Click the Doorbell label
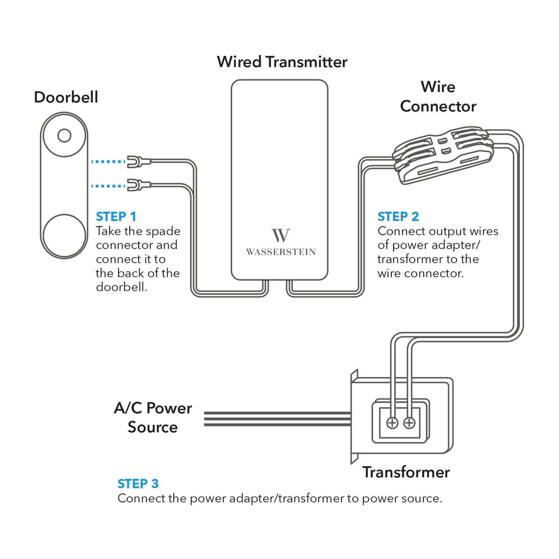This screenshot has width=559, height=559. coord(66,97)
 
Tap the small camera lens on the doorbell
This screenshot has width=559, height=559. coord(64,135)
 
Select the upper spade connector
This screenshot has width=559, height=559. coord(134,162)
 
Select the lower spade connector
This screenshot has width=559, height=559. coord(134,184)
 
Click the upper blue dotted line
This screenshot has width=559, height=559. coord(108,162)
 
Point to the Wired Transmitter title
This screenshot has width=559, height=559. coord(282,61)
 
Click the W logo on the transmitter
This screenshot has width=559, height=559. coord(280,235)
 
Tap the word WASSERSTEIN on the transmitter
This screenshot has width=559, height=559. coord(281,252)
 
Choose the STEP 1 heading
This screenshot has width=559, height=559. coord(116,216)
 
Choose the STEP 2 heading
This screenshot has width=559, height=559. coord(398,216)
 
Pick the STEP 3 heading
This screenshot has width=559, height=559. coord(138,484)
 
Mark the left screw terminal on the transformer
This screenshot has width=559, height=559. coord(392,423)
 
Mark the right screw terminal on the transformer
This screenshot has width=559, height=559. coord(410,423)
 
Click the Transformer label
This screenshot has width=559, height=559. coord(406,472)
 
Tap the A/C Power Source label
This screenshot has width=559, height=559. coord(153,418)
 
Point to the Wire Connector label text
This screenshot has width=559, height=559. coord(438,97)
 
